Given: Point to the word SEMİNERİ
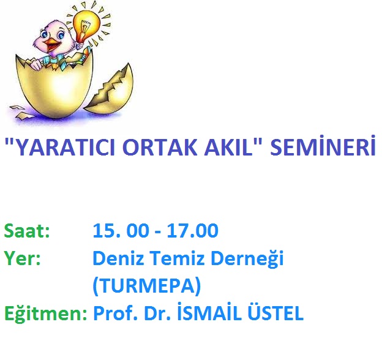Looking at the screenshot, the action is (x=323, y=146).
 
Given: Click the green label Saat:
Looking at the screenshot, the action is (x=27, y=230).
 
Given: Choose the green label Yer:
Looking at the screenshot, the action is (x=22, y=258).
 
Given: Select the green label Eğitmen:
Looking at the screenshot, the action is (x=45, y=313).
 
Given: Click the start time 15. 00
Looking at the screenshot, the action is (x=121, y=230).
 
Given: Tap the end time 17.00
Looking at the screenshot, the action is (x=192, y=230).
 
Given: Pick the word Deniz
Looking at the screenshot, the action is (x=118, y=258).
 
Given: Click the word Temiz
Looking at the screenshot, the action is (x=176, y=258).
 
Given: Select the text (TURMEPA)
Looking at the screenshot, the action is (x=147, y=286).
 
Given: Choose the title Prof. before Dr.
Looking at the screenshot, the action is (x=114, y=313).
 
